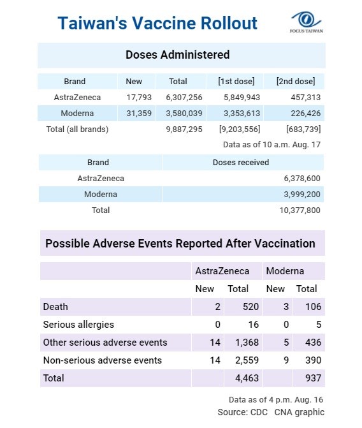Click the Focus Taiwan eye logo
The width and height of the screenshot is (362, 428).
(x=306, y=20)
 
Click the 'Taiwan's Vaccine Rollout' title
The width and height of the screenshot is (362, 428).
(x=157, y=23)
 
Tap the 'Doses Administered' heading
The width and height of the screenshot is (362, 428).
(x=178, y=55)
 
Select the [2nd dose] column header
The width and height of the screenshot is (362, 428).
(x=296, y=82)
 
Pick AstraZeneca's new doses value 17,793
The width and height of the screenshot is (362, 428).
(x=139, y=98)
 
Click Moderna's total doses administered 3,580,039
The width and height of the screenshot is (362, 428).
(x=184, y=114)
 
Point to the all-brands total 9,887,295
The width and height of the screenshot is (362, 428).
(x=184, y=129)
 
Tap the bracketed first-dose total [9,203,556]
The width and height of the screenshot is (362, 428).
(x=240, y=129)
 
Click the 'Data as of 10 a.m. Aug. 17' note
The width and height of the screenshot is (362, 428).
(x=271, y=145)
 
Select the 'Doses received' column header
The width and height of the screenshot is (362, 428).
(x=241, y=163)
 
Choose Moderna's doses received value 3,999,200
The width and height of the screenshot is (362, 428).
(x=302, y=195)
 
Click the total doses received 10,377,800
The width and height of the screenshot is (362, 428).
(x=300, y=210)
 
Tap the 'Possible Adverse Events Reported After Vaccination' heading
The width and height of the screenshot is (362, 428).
(x=180, y=244)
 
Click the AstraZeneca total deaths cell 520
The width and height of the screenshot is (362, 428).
(x=250, y=307)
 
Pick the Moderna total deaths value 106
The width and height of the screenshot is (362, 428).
(x=313, y=307)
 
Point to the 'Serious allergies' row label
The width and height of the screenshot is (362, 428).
(x=78, y=325)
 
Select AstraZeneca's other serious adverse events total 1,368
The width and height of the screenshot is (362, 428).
(x=247, y=343)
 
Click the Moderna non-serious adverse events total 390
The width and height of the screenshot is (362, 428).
(x=313, y=360)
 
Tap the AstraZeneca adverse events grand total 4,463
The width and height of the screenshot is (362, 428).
(x=247, y=378)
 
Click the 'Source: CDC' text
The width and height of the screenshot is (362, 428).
(x=243, y=412)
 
